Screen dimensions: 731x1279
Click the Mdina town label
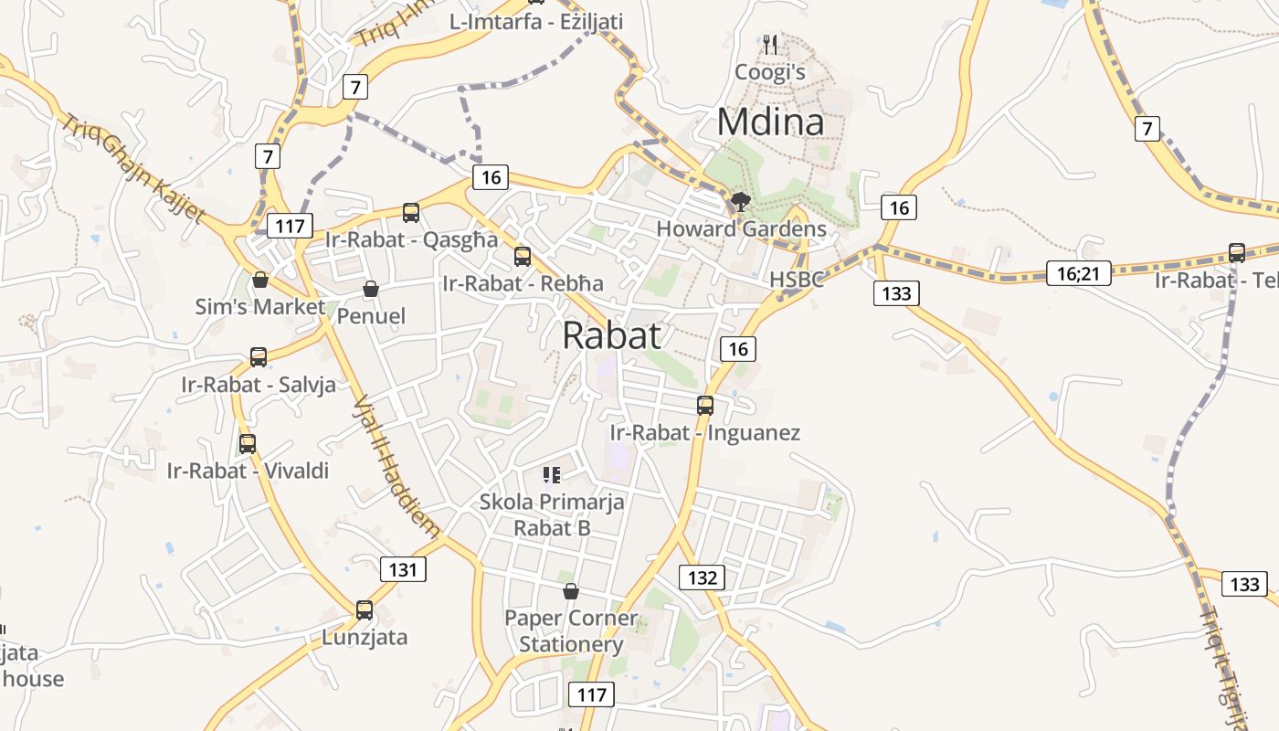pos(770,122)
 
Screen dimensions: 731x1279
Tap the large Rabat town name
pos(611,335)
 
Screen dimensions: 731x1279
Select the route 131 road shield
pos(403,569)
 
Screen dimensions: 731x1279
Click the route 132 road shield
pos(702,577)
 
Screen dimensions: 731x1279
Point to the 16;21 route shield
pos(1078,272)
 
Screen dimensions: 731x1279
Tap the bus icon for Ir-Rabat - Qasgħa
pos(411,213)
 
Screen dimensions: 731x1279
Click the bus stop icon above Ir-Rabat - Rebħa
pos(523,257)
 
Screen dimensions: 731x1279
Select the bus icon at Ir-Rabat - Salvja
pos(259,357)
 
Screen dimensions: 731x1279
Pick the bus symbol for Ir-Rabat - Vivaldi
pos(248,444)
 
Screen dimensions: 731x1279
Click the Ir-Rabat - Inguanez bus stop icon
pos(705,406)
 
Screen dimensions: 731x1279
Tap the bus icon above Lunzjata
pos(365,610)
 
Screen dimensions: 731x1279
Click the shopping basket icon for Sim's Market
pos(260,280)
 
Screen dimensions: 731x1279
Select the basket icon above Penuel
pos(371,290)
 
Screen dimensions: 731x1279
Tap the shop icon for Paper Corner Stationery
pos(571,592)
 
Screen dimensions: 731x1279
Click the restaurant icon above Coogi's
pos(770,44)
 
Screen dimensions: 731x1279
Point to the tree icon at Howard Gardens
pos(740,202)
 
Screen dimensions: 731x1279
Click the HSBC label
pos(796,280)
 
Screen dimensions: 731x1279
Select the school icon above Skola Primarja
pos(552,474)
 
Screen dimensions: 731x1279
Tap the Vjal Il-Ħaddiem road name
pos(396,466)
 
